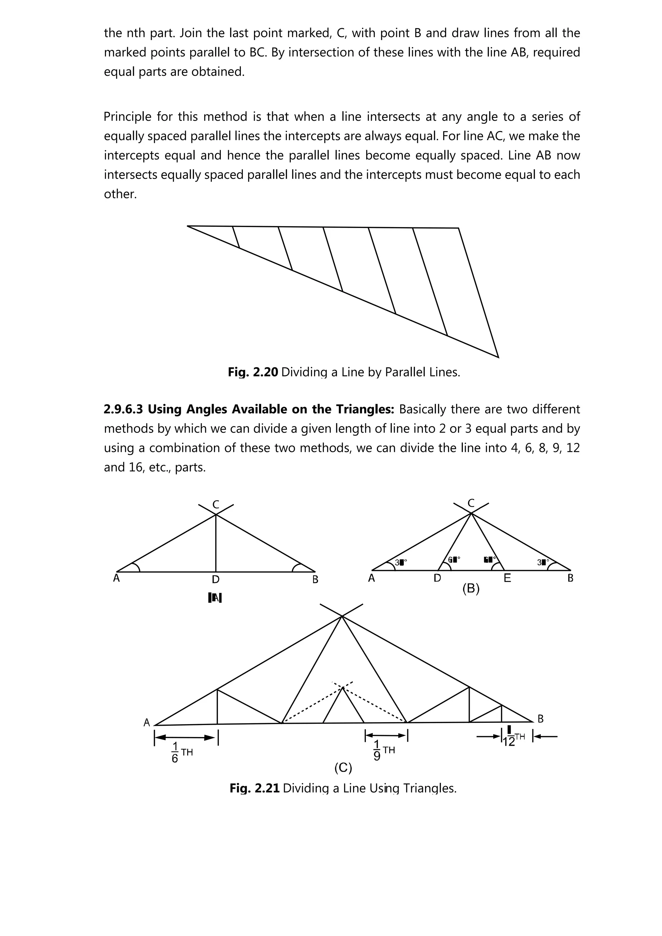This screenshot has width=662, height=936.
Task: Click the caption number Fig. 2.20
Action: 253,372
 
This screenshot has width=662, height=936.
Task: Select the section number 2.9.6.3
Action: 123,409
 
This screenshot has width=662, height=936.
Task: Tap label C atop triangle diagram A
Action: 216,505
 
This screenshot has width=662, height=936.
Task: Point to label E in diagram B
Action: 507,578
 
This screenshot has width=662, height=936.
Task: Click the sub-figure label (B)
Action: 471,589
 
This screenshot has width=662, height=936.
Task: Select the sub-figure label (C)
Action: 343,768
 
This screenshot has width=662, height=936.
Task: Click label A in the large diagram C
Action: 147,723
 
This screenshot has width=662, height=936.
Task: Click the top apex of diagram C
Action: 342,616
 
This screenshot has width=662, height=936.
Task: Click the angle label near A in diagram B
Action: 400,563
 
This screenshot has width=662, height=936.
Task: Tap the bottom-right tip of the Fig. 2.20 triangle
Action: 498,357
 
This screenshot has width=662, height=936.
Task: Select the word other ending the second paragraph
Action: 120,194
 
